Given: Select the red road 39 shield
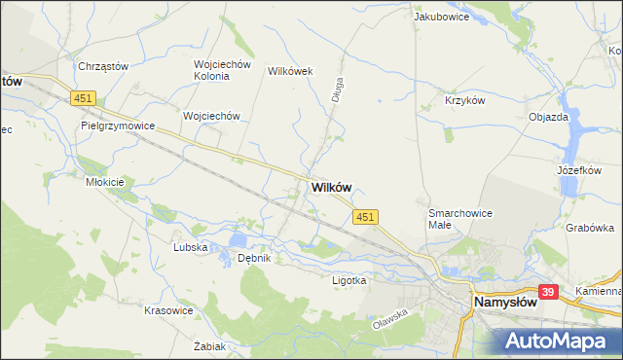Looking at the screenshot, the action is (548, 292).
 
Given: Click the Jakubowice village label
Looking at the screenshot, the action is (441, 17).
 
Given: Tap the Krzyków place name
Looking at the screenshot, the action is (464, 100).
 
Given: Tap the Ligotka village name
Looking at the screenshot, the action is (349, 280).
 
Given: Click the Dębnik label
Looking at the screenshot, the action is (253, 258).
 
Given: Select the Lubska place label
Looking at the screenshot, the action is (191, 247).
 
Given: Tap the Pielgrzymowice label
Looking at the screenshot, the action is (119, 126).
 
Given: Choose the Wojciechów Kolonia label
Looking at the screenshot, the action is (223, 71).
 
